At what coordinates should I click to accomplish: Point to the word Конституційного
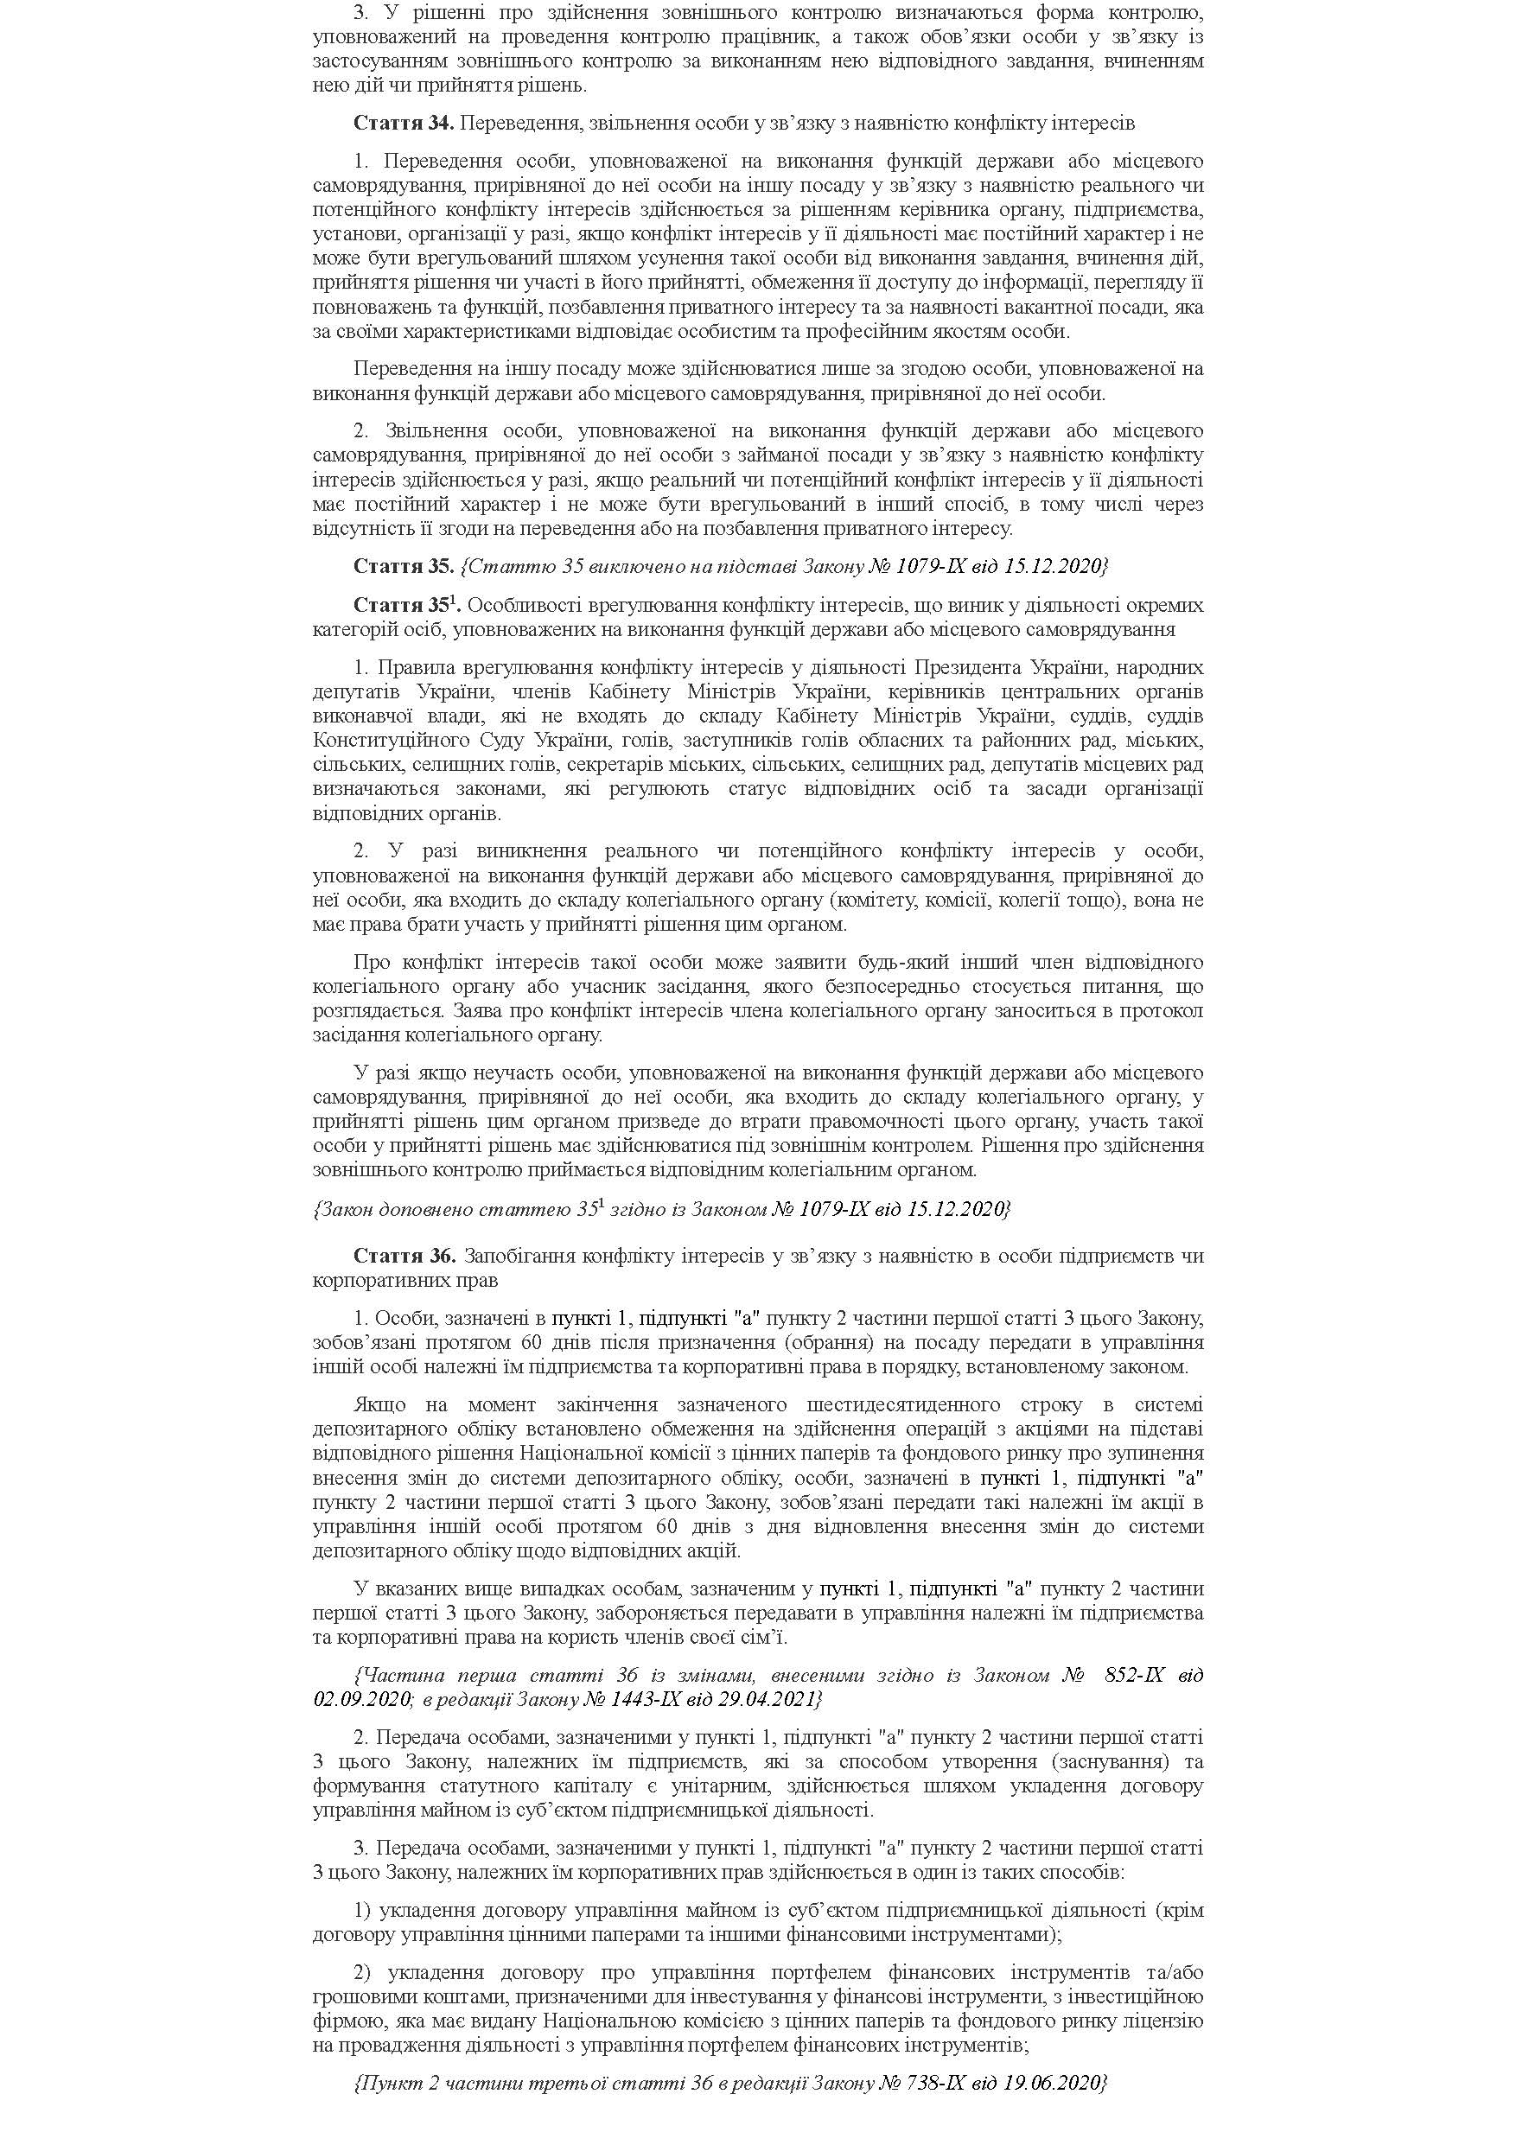pyautogui.click(x=375, y=741)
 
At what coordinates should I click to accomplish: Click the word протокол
pyautogui.click(x=1166, y=1011)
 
